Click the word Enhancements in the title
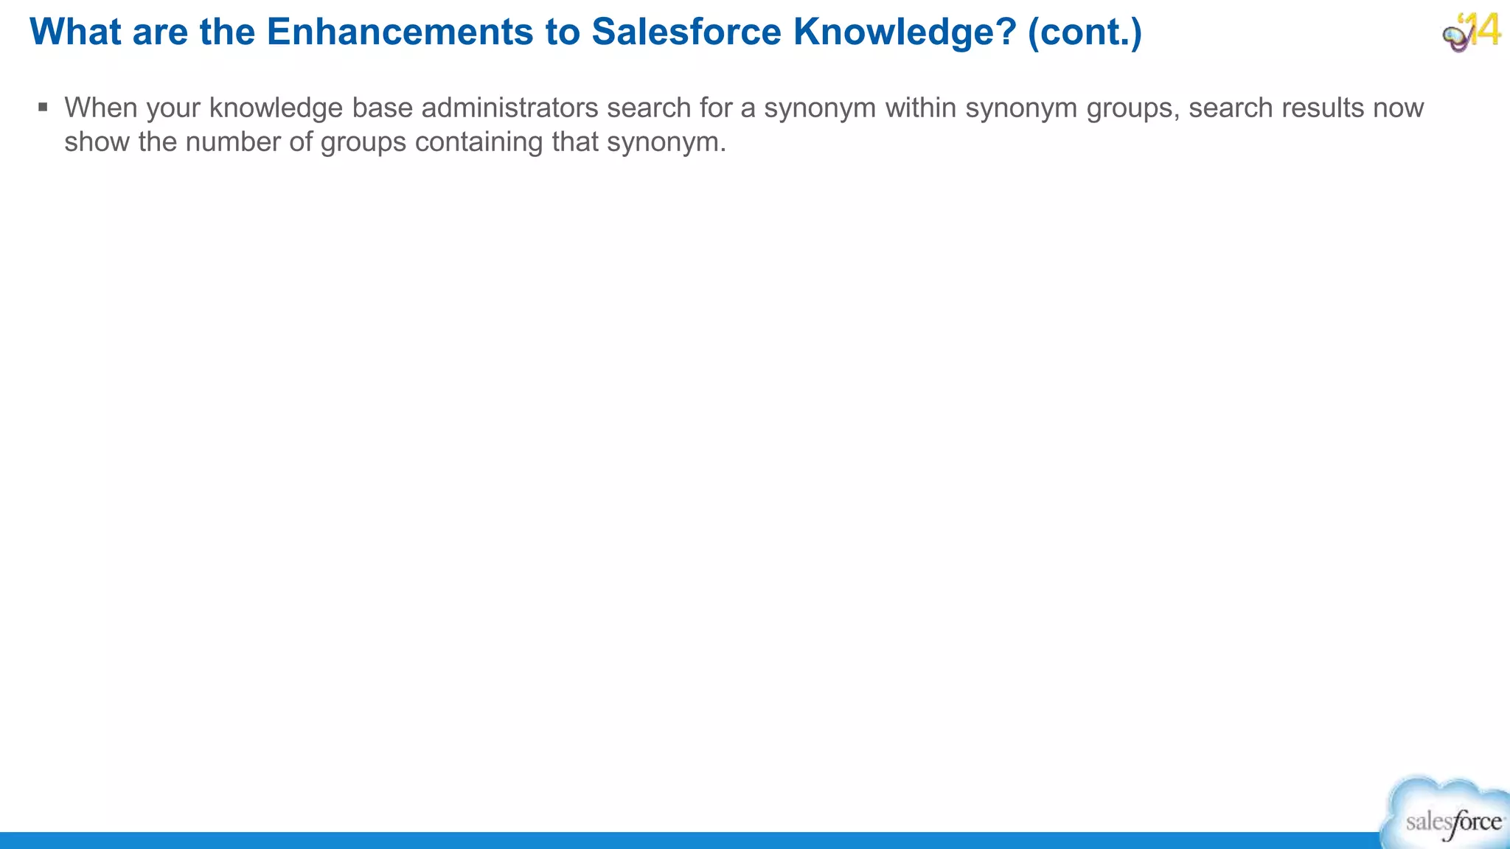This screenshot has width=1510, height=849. [400, 32]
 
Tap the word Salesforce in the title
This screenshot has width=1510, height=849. [686, 32]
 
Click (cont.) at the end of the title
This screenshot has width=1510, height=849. [1085, 32]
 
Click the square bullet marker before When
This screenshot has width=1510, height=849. [43, 108]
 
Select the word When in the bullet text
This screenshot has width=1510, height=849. [101, 108]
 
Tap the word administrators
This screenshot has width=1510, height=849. [509, 108]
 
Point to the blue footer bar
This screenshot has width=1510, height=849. [664, 840]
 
